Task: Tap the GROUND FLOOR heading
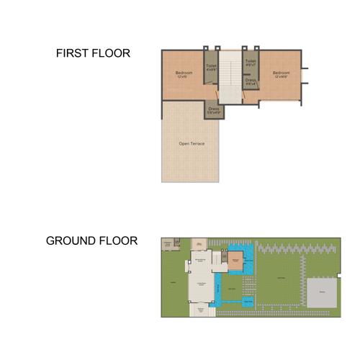click(x=91, y=240)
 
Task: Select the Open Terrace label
click(x=192, y=144)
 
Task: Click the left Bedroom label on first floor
click(x=184, y=72)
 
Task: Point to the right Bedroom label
click(x=281, y=72)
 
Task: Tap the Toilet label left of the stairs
click(x=211, y=66)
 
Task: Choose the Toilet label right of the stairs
click(x=250, y=61)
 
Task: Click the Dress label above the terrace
click(x=213, y=109)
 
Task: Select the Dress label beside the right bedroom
click(x=250, y=80)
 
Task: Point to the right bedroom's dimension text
click(x=281, y=76)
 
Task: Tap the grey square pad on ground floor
click(x=322, y=293)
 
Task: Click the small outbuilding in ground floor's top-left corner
click(x=168, y=245)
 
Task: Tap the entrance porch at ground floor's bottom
click(x=199, y=311)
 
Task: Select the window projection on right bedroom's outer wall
click(x=305, y=76)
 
